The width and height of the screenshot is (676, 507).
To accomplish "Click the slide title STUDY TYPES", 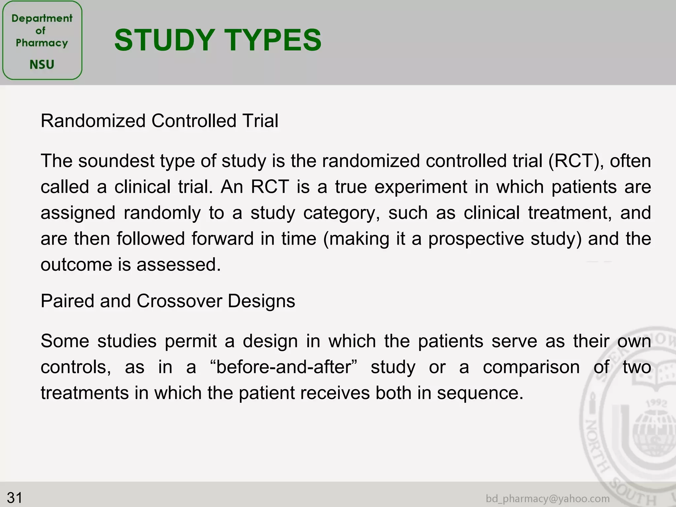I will click(x=218, y=40).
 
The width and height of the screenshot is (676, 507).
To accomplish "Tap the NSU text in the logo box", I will click(x=42, y=64).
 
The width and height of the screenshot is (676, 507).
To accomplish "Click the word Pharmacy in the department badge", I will click(x=42, y=43).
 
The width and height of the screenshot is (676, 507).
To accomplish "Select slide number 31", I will click(x=15, y=497).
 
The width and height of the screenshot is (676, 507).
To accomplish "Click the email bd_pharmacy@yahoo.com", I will click(x=548, y=498).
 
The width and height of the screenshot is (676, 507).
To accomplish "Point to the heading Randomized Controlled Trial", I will click(x=159, y=121).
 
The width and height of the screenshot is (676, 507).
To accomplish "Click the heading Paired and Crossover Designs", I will click(x=168, y=301).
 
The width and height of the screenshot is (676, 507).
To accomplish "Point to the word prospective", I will click(x=476, y=239).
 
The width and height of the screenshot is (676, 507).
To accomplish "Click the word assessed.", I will click(x=179, y=265).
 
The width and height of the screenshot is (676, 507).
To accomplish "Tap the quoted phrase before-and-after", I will click(x=284, y=367).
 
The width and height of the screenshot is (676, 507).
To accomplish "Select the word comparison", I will click(x=531, y=367).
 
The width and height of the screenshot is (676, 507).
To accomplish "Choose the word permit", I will click(x=191, y=341).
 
